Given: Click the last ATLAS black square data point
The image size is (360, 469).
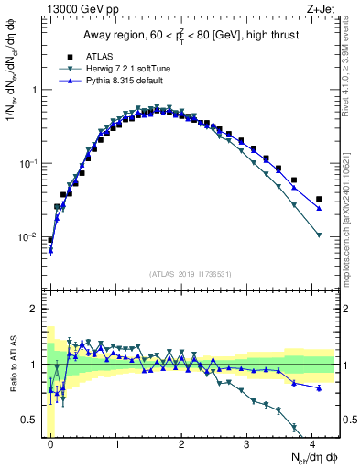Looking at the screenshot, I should click(x=319, y=199).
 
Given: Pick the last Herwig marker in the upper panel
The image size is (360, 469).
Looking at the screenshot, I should click(x=319, y=235).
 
